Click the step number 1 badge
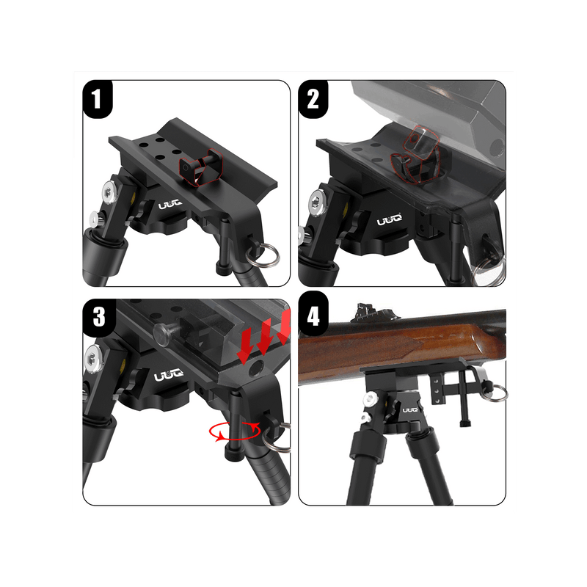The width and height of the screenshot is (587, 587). pyautogui.click(x=98, y=99)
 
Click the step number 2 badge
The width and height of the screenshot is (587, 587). pyautogui.click(x=313, y=99)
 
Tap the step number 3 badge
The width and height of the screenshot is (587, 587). pyautogui.click(x=99, y=318)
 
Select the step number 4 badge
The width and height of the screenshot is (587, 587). pyautogui.click(x=313, y=314)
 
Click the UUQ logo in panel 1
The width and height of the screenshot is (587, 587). pyautogui.click(x=170, y=205)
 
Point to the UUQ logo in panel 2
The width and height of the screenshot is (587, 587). pyautogui.click(x=390, y=219)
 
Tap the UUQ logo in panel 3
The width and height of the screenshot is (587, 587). pyautogui.click(x=169, y=375)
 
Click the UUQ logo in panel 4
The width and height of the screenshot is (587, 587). pyautogui.click(x=411, y=410)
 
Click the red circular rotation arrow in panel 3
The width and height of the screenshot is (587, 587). pyautogui.click(x=235, y=431)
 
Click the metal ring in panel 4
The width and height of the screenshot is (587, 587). pyautogui.click(x=497, y=392)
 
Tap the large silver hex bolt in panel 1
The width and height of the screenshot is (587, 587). pyautogui.click(x=109, y=193)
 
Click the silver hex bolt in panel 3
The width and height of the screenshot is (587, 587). pyautogui.click(x=92, y=360)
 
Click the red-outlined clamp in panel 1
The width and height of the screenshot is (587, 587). pyautogui.click(x=199, y=167)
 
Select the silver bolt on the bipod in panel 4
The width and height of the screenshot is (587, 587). pyautogui.click(x=371, y=399)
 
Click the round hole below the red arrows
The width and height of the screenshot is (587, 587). pyautogui.click(x=256, y=368)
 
